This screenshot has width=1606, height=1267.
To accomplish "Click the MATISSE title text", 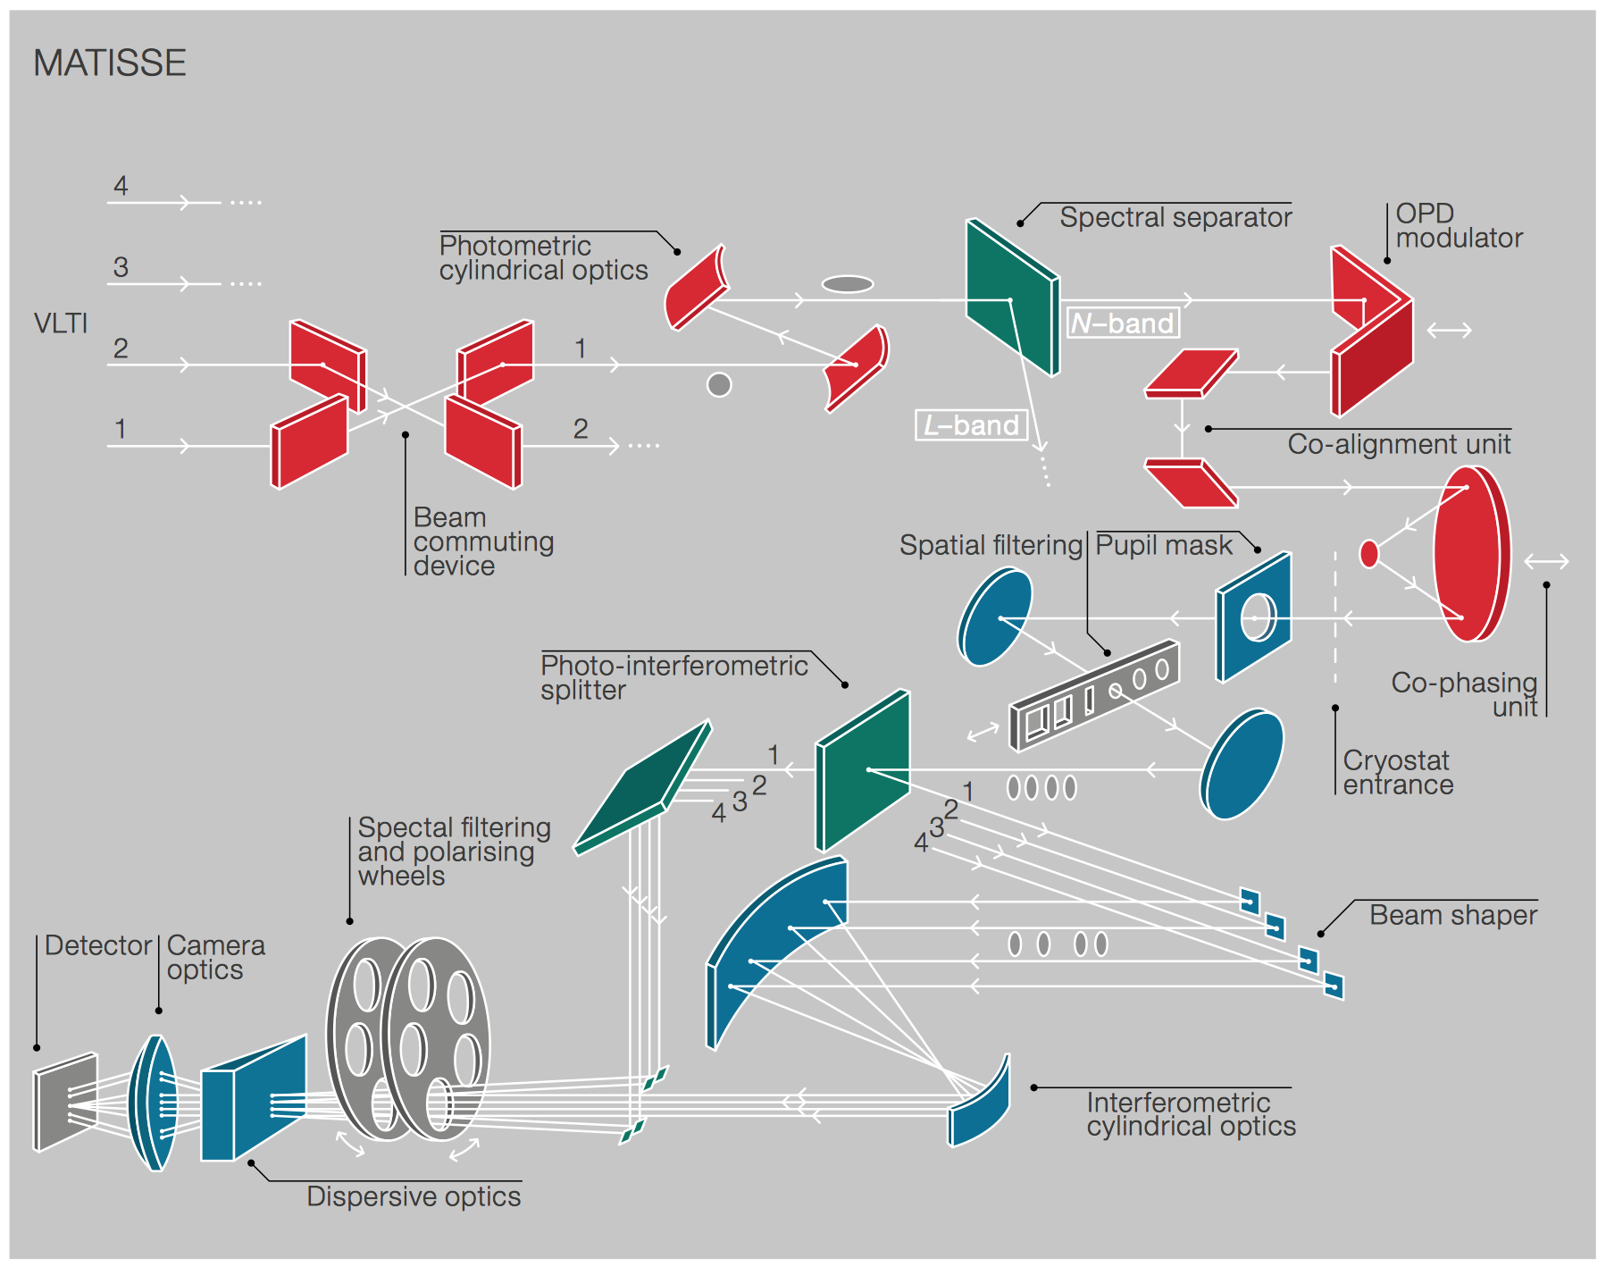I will [110, 63].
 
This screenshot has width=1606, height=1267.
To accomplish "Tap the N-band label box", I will [1123, 323].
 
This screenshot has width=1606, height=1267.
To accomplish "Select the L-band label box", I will [971, 424].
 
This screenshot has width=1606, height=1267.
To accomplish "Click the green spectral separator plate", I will [1011, 297].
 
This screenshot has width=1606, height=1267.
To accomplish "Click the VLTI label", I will [61, 323].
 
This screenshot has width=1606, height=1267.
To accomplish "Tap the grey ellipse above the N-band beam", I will [847, 284].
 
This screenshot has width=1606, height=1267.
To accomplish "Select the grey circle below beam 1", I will [719, 384].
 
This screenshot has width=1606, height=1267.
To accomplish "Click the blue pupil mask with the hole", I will [1254, 617].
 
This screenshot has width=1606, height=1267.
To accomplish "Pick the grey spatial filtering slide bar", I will [1094, 695].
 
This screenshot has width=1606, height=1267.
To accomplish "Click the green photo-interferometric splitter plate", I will [863, 770].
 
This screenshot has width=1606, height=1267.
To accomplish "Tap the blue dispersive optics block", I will [254, 1099].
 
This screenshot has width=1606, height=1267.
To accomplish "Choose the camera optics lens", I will [155, 1103].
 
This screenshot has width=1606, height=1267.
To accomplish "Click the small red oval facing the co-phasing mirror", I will [1368, 554].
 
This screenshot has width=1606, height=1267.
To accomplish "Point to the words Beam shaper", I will [1452, 915].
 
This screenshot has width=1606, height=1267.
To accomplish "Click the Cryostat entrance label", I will [1398, 772].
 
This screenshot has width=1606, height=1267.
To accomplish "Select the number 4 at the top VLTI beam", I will [121, 185].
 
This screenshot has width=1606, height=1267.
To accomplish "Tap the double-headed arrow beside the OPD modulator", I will [1449, 331].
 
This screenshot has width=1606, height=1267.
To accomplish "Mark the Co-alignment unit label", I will [1398, 444].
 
